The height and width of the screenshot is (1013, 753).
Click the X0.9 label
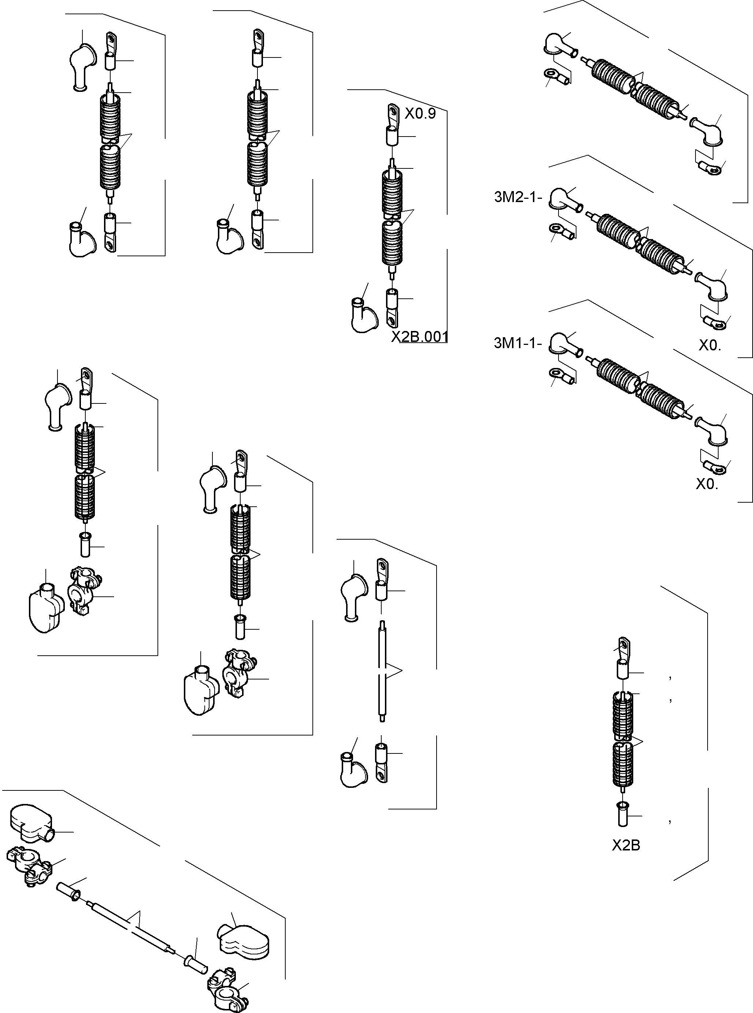(x=420, y=114)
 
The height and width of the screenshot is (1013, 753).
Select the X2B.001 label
(x=420, y=337)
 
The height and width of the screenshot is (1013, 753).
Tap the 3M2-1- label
(x=518, y=197)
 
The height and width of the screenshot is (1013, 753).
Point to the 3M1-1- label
(x=518, y=343)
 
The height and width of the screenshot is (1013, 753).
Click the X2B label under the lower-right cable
(x=626, y=846)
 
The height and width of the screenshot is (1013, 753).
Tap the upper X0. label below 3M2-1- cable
(x=710, y=346)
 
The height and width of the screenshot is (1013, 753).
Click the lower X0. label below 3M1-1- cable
(x=706, y=484)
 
